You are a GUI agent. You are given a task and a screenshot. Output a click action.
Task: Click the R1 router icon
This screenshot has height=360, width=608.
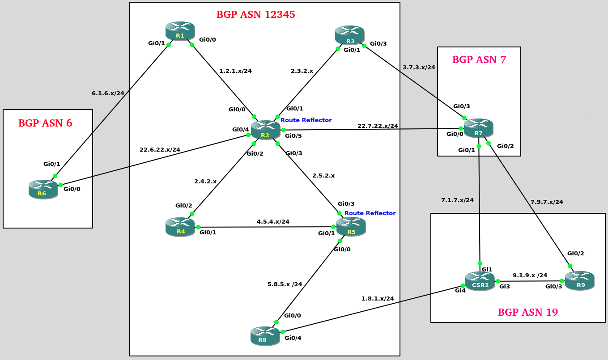pyautogui.click(x=180, y=31)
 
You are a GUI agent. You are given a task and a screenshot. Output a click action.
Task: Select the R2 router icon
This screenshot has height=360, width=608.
pyautogui.click(x=265, y=130)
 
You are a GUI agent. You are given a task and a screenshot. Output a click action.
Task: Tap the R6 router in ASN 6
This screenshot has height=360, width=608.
pyautogui.click(x=43, y=189)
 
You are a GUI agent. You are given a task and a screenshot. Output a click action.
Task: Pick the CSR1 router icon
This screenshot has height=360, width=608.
pyautogui.click(x=480, y=281)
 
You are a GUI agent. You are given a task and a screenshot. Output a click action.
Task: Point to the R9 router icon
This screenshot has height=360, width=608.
pyautogui.click(x=579, y=280)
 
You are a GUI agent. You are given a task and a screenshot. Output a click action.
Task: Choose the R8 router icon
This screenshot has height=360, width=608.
pyautogui.click(x=265, y=335)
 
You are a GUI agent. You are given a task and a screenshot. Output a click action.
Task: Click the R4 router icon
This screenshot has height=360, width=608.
pyautogui.click(x=180, y=227)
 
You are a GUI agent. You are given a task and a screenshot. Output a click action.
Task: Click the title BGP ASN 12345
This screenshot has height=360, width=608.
pyautogui.click(x=255, y=14)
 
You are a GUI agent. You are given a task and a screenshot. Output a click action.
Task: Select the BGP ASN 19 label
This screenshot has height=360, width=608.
pyautogui.click(x=528, y=312)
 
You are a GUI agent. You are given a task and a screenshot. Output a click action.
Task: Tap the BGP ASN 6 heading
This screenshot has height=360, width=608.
pyautogui.click(x=45, y=123)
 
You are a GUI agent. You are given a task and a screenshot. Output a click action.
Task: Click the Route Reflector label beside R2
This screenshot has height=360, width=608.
pyautogui.click(x=306, y=120)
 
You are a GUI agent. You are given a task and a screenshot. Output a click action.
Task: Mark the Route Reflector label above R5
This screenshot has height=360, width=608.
pyautogui.click(x=370, y=213)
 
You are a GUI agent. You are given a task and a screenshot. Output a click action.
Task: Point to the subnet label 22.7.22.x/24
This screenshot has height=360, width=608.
pyautogui.click(x=378, y=126)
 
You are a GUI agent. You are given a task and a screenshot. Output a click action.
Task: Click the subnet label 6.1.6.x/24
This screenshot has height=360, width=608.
pyautogui.click(x=108, y=93)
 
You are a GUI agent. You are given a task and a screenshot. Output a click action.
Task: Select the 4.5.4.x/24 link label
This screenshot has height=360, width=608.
pyautogui.click(x=273, y=221)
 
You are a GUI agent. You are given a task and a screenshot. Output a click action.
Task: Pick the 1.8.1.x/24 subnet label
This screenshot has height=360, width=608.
pyautogui.click(x=378, y=298)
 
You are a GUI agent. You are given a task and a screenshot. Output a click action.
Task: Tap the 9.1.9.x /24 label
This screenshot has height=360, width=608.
pyautogui.click(x=530, y=275)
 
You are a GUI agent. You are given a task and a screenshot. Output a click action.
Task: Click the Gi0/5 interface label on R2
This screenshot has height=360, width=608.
pyautogui.click(x=293, y=136)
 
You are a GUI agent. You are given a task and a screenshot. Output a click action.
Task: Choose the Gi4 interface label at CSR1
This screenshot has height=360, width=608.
pyautogui.click(x=460, y=290)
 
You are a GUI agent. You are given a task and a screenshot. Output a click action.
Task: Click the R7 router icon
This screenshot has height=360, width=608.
pyautogui.click(x=478, y=128)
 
